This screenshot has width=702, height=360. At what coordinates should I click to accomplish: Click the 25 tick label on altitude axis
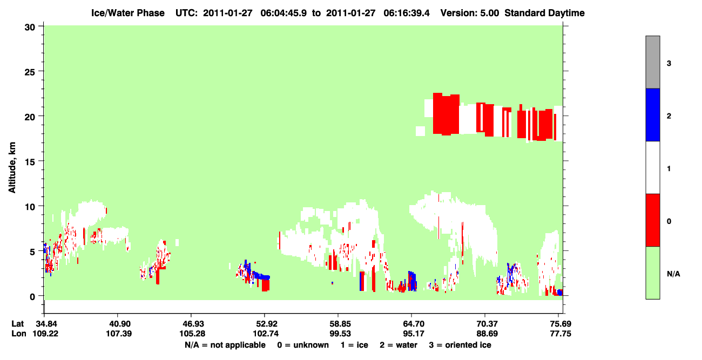click(30, 72)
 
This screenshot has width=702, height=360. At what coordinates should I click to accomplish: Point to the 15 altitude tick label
click(30, 162)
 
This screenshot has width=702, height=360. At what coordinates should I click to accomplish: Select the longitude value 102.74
click(266, 334)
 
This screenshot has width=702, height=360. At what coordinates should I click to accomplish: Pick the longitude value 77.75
click(561, 334)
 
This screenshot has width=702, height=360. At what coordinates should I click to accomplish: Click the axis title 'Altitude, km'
click(12, 168)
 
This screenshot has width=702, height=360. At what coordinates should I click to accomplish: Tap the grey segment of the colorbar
click(652, 62)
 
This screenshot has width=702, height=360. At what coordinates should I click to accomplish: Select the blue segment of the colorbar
click(652, 114)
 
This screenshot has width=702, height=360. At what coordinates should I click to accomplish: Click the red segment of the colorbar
click(652, 220)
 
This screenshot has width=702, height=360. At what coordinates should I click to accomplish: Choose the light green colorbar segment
click(652, 273)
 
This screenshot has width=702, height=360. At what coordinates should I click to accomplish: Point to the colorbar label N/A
click(673, 274)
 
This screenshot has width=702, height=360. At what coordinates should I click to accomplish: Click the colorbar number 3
click(669, 64)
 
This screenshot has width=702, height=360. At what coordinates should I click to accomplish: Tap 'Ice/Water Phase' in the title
click(128, 13)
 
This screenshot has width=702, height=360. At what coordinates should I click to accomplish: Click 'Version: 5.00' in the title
click(470, 13)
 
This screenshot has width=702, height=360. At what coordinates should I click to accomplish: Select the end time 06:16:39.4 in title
click(407, 13)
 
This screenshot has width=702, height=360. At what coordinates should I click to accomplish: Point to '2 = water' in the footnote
click(399, 345)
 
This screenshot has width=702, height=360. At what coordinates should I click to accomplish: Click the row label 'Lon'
click(19, 334)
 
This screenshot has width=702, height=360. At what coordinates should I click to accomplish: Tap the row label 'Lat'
click(17, 324)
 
